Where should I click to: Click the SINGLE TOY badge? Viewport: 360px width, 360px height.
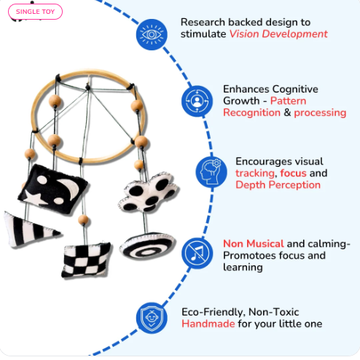click(x=35, y=12)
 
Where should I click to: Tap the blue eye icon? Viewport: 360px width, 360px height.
click(x=152, y=34)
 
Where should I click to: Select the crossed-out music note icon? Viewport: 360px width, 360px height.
click(x=197, y=253)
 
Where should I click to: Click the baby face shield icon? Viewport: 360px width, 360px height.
click(x=152, y=318)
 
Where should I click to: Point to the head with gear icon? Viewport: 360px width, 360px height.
click(x=211, y=172)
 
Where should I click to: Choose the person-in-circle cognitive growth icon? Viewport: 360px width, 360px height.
click(x=197, y=101)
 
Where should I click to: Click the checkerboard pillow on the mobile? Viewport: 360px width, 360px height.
click(x=86, y=260)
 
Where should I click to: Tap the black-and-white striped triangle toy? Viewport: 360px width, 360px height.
click(x=31, y=230)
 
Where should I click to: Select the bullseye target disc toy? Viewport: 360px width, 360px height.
click(x=147, y=246)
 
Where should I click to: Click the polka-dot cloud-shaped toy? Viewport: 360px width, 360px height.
click(x=149, y=192)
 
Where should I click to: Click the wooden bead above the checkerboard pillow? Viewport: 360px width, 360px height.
click(x=83, y=219)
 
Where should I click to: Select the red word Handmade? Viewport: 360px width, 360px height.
click(x=208, y=324)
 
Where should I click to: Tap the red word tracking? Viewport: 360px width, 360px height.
click(x=255, y=173)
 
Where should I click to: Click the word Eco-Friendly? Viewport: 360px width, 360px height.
click(x=214, y=312)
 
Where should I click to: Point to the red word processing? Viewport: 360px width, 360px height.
click(x=320, y=113)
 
